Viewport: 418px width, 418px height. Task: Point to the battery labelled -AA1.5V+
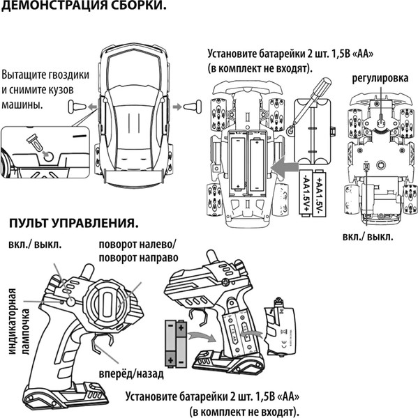coord(306,194)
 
